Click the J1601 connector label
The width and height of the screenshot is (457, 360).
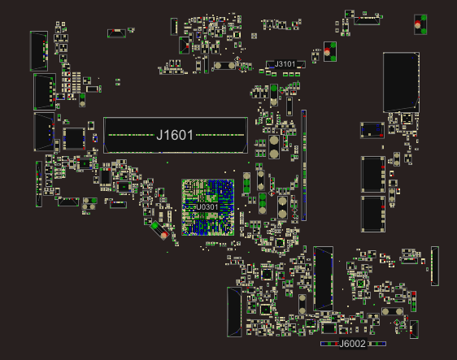pos(175,135)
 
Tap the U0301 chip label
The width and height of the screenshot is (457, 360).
pos(207,207)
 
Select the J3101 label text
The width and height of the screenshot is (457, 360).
pos(285,64)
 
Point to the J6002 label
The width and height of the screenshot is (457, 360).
pos(353,344)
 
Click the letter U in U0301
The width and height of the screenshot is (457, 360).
pos(198,207)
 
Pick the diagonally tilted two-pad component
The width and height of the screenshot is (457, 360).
pos(159,231)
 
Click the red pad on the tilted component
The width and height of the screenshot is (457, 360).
pos(164,235)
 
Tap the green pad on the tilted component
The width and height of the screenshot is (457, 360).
pos(155,225)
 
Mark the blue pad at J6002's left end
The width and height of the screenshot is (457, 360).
pos(322,344)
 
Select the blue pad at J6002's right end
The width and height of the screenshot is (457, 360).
pos(385,344)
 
